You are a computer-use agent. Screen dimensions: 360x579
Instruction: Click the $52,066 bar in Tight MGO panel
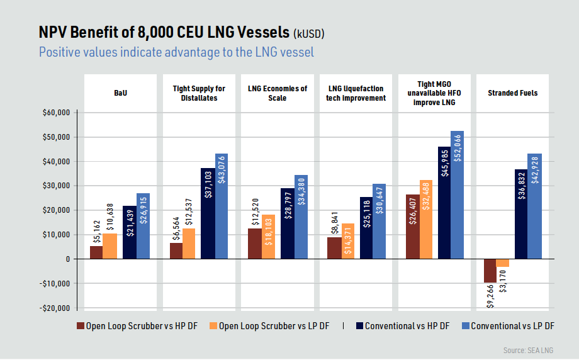click(x=457, y=195)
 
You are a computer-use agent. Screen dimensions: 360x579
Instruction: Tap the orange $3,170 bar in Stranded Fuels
click(x=502, y=262)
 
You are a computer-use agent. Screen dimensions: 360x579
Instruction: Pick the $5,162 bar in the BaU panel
click(x=96, y=252)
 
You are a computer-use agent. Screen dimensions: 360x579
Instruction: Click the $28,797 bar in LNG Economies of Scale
click(x=287, y=223)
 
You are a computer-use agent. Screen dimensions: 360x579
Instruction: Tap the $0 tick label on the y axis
click(x=68, y=259)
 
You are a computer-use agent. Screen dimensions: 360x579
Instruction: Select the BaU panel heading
click(x=120, y=93)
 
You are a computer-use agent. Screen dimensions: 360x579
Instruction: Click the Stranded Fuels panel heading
click(x=512, y=93)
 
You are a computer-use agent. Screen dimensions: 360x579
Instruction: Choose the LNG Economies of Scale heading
click(x=278, y=93)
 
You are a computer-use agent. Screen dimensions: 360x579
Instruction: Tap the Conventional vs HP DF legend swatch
click(x=359, y=326)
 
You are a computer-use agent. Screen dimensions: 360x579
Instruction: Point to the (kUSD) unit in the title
click(x=309, y=33)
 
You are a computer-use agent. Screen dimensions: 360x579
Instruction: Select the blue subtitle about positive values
click(x=176, y=52)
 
